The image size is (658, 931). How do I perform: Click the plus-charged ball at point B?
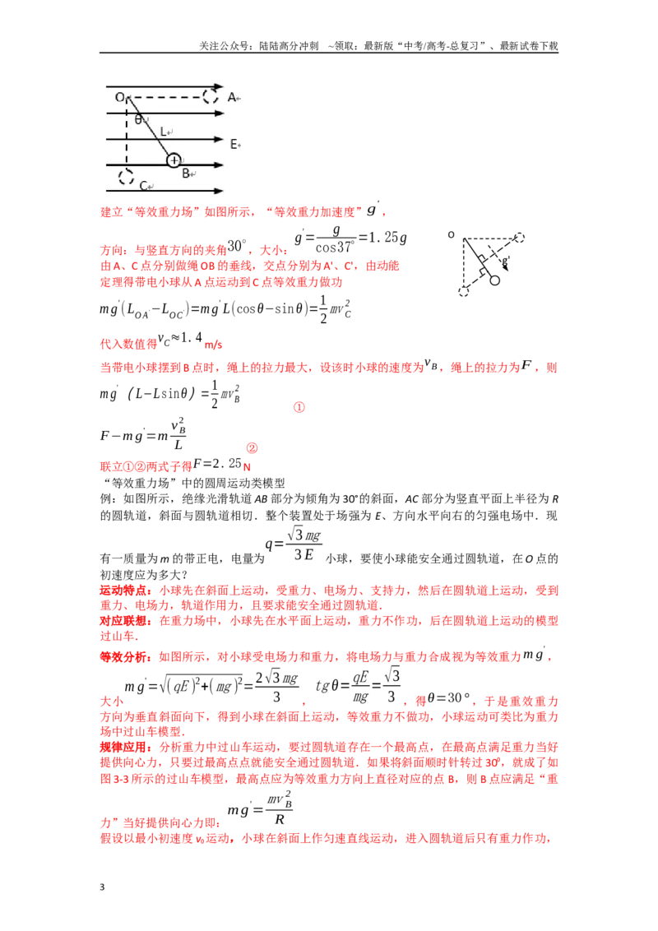(174, 160)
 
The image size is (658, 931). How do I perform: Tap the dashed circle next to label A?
(211, 96)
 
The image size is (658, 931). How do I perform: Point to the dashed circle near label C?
(126, 176)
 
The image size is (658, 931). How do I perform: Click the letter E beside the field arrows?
(234, 144)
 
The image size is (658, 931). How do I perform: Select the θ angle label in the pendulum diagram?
(138, 119)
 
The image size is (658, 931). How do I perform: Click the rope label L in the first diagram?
(164, 132)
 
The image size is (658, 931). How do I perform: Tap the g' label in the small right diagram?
(505, 260)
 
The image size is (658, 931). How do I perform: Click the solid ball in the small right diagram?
(494, 280)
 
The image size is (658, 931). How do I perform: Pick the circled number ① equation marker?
(299, 407)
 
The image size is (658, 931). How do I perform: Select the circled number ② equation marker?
(252, 448)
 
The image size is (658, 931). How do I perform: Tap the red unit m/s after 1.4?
(213, 345)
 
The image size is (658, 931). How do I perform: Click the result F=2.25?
(217, 463)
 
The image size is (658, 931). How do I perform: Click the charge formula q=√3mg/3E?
(294, 544)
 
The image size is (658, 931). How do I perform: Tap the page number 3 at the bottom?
(102, 887)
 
